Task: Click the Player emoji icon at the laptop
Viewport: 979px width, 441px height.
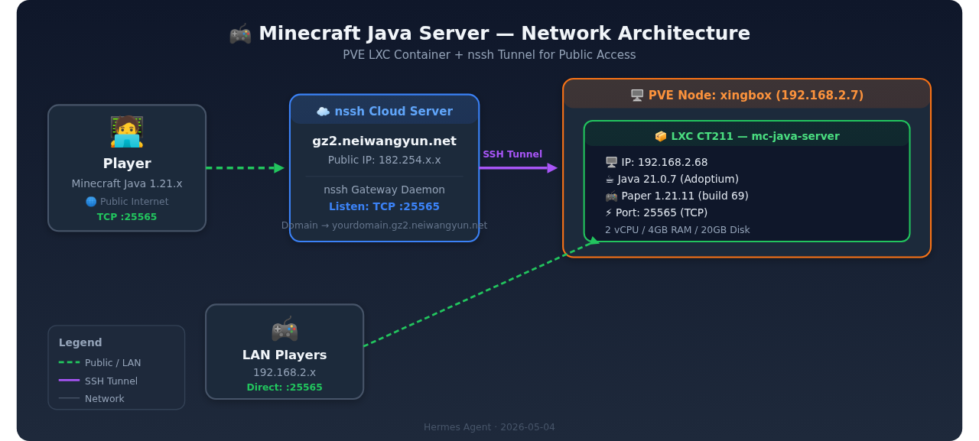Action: (x=127, y=131)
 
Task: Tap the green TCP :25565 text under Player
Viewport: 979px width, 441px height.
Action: (x=127, y=217)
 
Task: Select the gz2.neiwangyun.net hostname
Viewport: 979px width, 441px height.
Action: (x=384, y=141)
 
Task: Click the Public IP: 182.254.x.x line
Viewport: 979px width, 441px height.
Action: (x=384, y=161)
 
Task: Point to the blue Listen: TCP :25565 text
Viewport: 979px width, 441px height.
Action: (x=384, y=206)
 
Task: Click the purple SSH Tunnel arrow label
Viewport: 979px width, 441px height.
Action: (x=512, y=154)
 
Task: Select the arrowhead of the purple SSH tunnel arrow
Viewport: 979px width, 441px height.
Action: (x=552, y=168)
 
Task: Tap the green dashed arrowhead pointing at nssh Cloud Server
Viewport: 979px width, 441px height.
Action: (x=279, y=168)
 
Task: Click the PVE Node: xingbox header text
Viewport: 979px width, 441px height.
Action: (x=756, y=96)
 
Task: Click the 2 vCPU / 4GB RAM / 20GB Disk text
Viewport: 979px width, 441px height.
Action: (x=678, y=229)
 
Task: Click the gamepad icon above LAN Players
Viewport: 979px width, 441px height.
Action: (x=285, y=329)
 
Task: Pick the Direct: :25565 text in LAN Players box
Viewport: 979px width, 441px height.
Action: (x=285, y=387)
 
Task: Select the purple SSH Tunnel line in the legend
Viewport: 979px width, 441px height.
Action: (x=69, y=381)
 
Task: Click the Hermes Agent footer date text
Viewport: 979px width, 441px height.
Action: (x=489, y=427)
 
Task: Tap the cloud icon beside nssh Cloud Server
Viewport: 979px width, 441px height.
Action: (x=323, y=112)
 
